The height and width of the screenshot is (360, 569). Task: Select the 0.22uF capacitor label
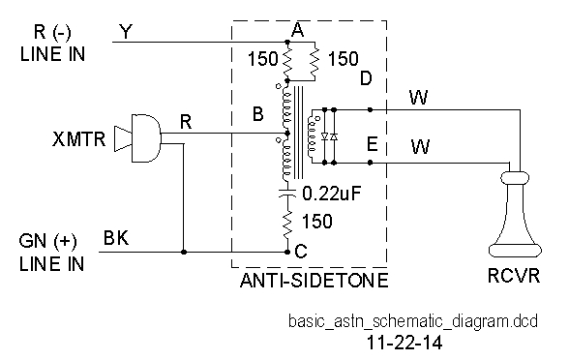click(x=332, y=193)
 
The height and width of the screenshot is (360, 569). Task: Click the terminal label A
click(x=297, y=30)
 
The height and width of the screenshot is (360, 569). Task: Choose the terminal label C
click(x=301, y=252)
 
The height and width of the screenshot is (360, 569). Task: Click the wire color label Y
click(x=125, y=33)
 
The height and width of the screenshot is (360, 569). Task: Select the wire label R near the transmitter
click(x=186, y=120)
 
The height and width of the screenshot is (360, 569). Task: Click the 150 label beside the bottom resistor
click(x=316, y=222)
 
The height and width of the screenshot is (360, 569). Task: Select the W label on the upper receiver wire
click(x=419, y=97)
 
